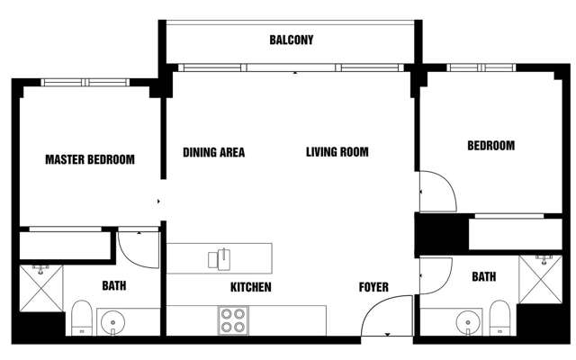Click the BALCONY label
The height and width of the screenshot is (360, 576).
pos(291,40)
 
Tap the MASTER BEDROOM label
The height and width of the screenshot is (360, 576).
pos(90,160)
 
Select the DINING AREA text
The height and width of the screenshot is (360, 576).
pos(213,152)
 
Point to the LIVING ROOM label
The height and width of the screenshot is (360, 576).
pos(337,152)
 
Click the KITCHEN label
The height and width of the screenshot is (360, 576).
pos(251,288)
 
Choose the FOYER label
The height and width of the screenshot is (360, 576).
pos(373,288)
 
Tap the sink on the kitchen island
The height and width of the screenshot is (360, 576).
pos(220,258)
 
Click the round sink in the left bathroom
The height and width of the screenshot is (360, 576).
pos(113,320)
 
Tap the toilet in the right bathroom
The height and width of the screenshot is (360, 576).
pos(497,318)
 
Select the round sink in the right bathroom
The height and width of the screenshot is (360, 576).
pos(465,320)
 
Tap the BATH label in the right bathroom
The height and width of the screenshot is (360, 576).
pos(483,277)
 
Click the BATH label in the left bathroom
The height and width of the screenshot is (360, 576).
pos(113,286)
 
